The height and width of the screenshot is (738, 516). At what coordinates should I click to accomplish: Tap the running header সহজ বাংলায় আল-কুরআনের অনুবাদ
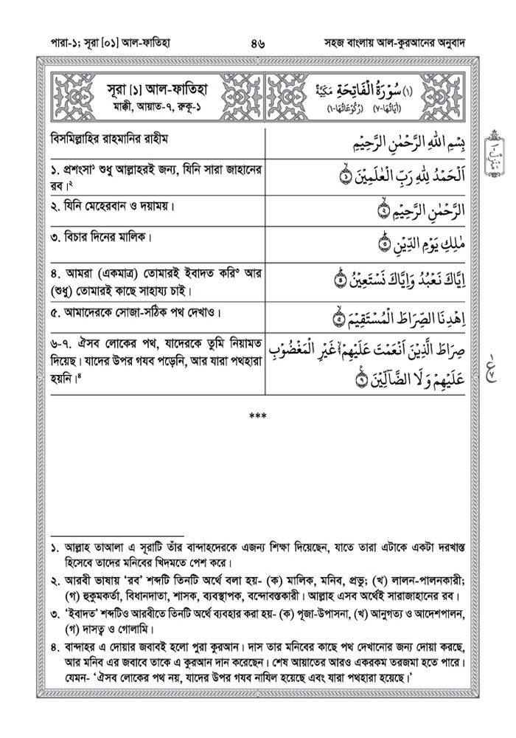(394, 43)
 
